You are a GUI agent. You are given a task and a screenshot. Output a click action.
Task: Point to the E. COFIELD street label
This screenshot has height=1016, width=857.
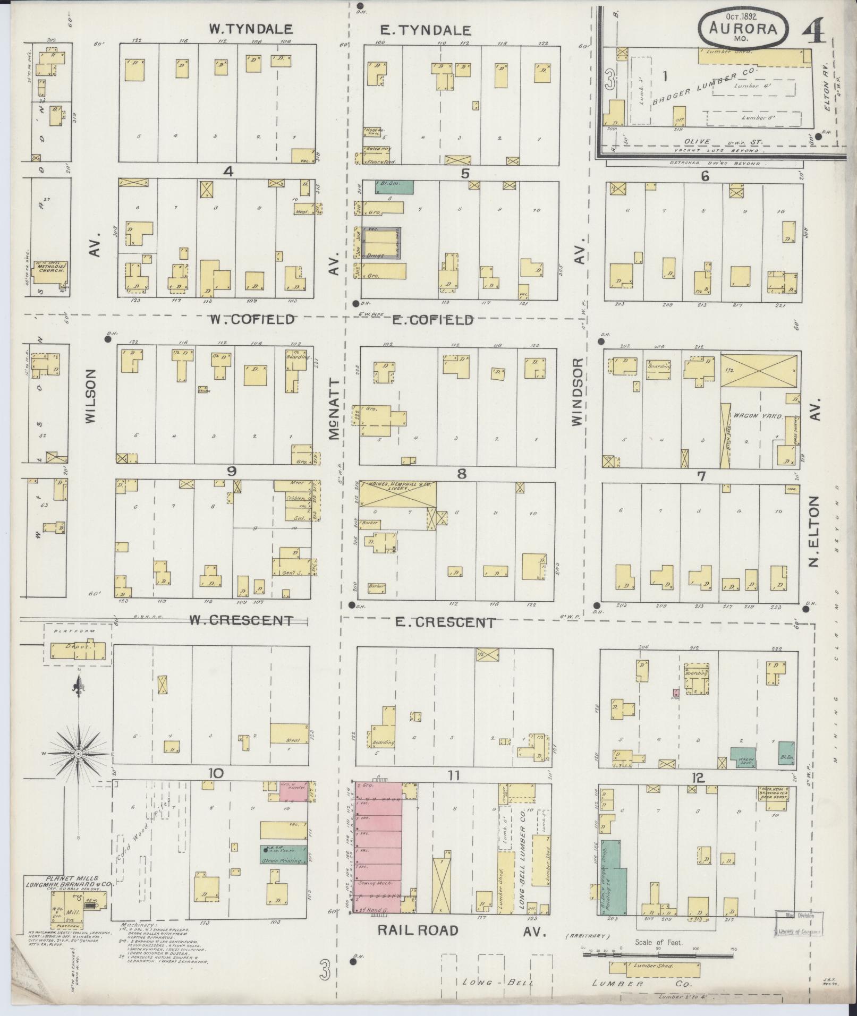pos(432,320)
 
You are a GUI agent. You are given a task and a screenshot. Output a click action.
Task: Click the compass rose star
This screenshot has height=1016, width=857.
pos(78,754)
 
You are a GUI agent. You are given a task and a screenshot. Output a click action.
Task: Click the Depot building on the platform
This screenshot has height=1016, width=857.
pos(78,649)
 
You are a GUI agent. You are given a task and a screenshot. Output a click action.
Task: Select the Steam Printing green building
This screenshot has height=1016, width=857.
pos(283,854)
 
